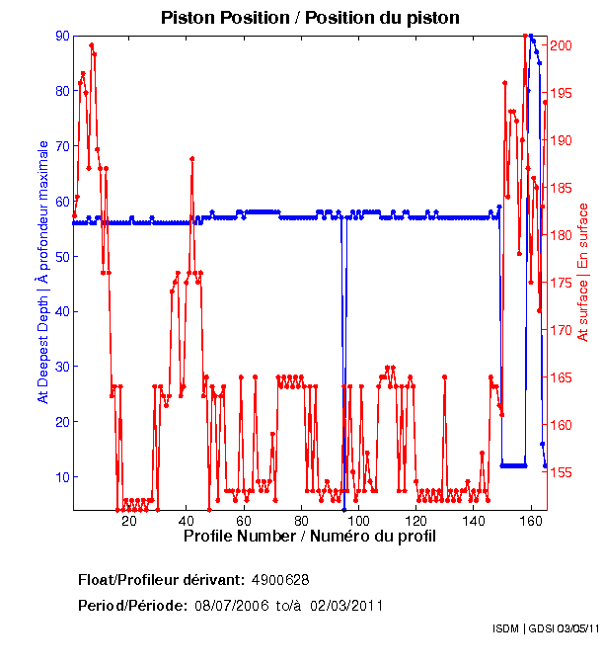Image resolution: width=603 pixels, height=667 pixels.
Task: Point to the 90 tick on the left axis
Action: click(x=62, y=36)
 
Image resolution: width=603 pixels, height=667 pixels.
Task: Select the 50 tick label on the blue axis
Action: click(x=62, y=257)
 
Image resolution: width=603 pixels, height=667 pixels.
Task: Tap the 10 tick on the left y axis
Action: click(x=62, y=477)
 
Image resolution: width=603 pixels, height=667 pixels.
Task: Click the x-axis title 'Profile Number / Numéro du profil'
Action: click(x=309, y=536)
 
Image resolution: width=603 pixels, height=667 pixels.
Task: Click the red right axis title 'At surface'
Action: click(x=583, y=272)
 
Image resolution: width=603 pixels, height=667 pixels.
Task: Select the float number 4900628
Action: click(x=281, y=579)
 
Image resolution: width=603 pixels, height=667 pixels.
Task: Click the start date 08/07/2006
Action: click(x=231, y=605)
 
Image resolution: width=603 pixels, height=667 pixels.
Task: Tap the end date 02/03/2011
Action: click(x=346, y=605)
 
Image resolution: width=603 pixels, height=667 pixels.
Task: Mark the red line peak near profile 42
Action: click(x=191, y=158)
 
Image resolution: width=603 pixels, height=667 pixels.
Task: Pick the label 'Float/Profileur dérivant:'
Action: click(x=161, y=579)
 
